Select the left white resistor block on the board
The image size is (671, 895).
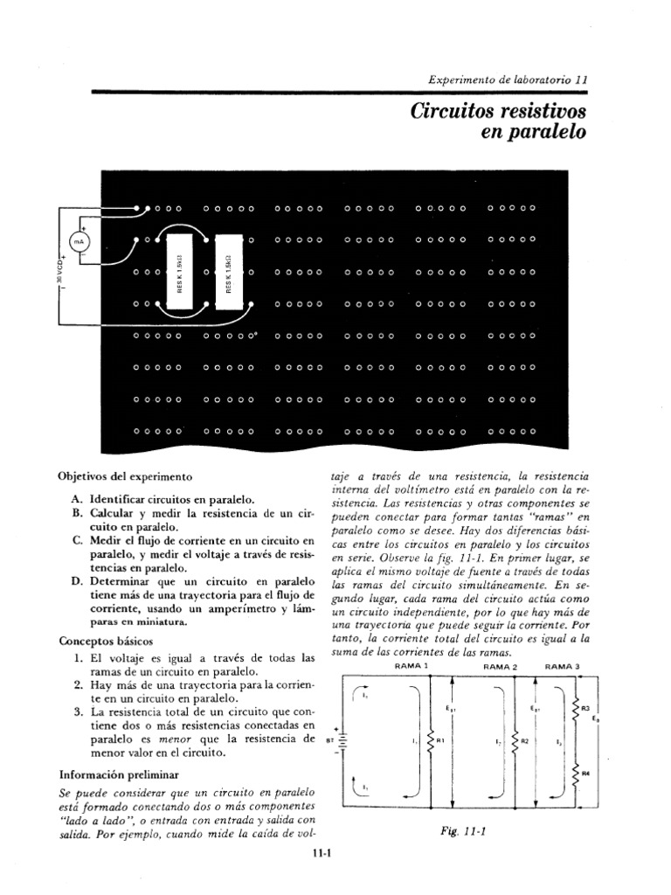pyautogui.click(x=179, y=273)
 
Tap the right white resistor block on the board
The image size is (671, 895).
pyautogui.click(x=228, y=273)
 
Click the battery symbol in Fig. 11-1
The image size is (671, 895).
pyautogui.click(x=343, y=741)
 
